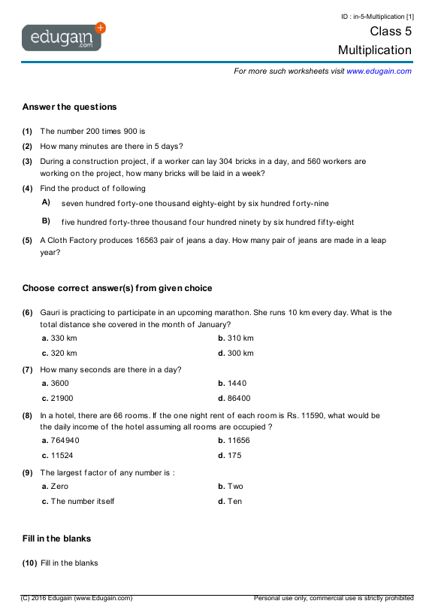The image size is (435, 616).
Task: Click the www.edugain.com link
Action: coord(379,71)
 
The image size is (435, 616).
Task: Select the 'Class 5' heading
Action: coord(391,32)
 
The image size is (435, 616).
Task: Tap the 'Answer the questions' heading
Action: coord(69,107)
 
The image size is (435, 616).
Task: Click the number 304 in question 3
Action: coord(240,162)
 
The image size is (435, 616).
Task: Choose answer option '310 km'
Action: coord(240,338)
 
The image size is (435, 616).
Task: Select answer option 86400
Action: coord(239,398)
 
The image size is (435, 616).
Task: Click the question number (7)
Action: coord(27,369)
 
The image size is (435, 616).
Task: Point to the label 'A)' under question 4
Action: coord(46,202)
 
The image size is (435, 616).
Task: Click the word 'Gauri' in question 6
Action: coord(50,312)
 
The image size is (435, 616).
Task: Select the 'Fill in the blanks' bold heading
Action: coord(56,539)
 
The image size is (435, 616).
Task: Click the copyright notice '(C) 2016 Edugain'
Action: coord(76,598)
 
